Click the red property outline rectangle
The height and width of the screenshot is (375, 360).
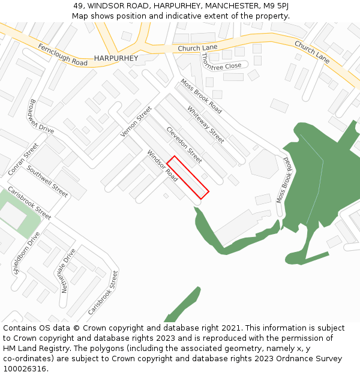(x=187, y=178)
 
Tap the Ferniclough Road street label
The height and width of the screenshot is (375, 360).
(x=62, y=55)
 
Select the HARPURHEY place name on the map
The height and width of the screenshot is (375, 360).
(x=116, y=58)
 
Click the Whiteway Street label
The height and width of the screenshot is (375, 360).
(x=205, y=124)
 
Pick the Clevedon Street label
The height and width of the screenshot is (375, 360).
(x=184, y=145)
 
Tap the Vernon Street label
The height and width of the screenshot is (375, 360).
(x=136, y=121)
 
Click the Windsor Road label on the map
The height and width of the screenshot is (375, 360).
(x=163, y=166)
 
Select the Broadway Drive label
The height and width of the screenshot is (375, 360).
(x=40, y=116)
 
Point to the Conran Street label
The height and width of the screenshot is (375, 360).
(x=23, y=159)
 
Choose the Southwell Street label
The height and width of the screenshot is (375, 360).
(x=47, y=182)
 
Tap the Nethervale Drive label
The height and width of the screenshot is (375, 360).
(x=66, y=271)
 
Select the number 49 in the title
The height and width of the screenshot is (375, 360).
(x=78, y=6)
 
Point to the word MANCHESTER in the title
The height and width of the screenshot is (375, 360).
(x=228, y=6)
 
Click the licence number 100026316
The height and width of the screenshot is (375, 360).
(x=24, y=368)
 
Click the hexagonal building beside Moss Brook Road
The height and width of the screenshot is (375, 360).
(x=263, y=163)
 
